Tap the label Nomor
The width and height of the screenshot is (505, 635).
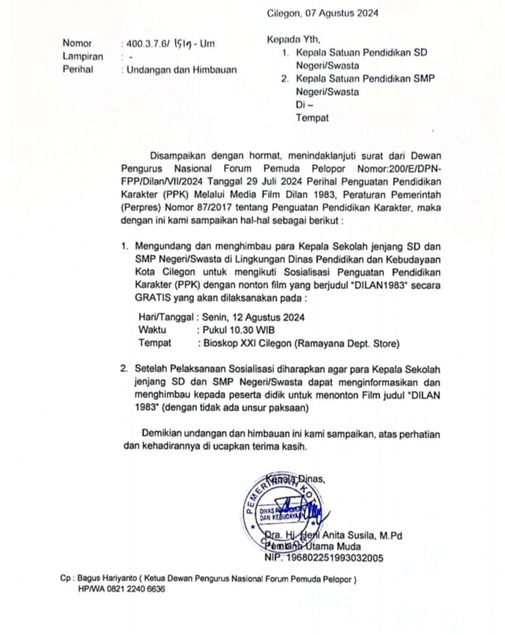pos(77,43)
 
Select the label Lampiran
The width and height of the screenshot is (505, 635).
pos(82,56)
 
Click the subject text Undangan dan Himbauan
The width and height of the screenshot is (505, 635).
pos(182,69)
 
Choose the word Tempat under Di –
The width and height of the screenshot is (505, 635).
pos(312,118)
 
